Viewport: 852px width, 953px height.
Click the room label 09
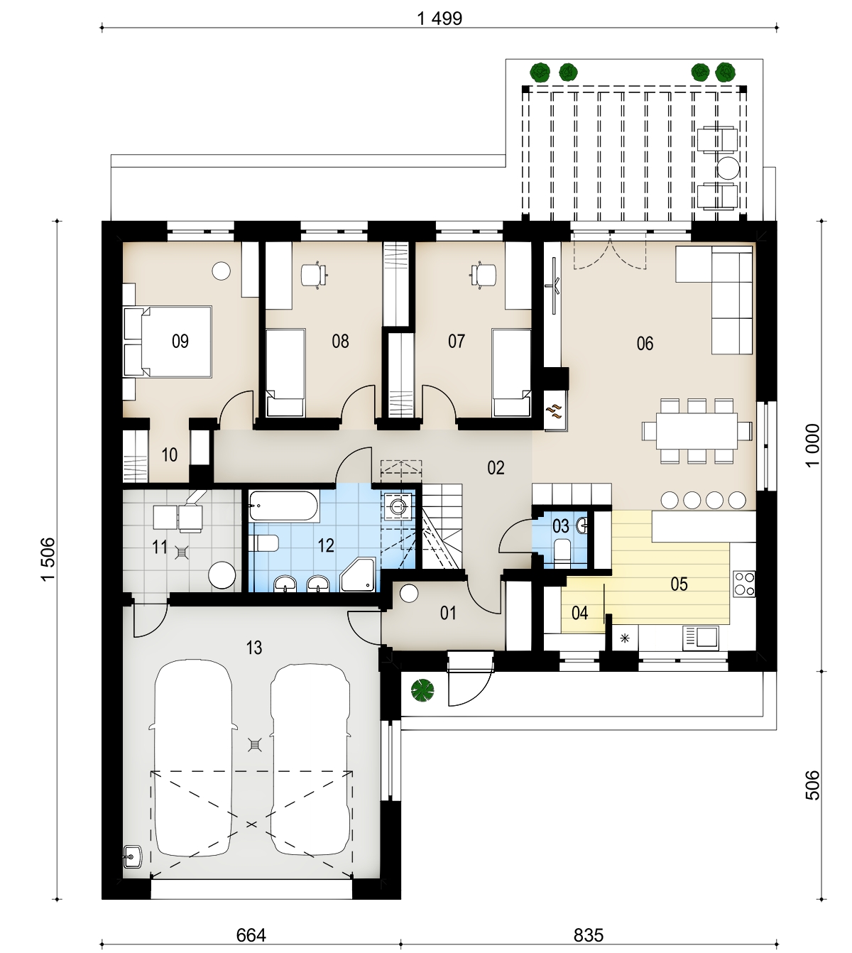pos(180,342)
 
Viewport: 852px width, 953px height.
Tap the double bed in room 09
pos(168,342)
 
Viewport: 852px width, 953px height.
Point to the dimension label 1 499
pos(439,18)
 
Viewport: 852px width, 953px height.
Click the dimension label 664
pos(251,935)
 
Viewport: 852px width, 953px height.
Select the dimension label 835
pos(589,935)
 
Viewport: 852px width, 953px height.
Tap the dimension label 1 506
pos(48,560)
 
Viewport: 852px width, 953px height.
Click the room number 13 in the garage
pos(254,648)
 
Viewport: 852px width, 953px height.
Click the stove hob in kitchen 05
pos(743,583)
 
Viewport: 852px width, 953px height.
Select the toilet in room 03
pos(562,551)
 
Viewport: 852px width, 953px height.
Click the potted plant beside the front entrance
pos(423,690)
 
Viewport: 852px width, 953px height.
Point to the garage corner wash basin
pos(133,857)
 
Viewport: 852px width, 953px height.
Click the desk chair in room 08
pos(314,275)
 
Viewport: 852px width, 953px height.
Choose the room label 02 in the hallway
pos(496,467)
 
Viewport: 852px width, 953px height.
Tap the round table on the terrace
pos(727,168)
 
